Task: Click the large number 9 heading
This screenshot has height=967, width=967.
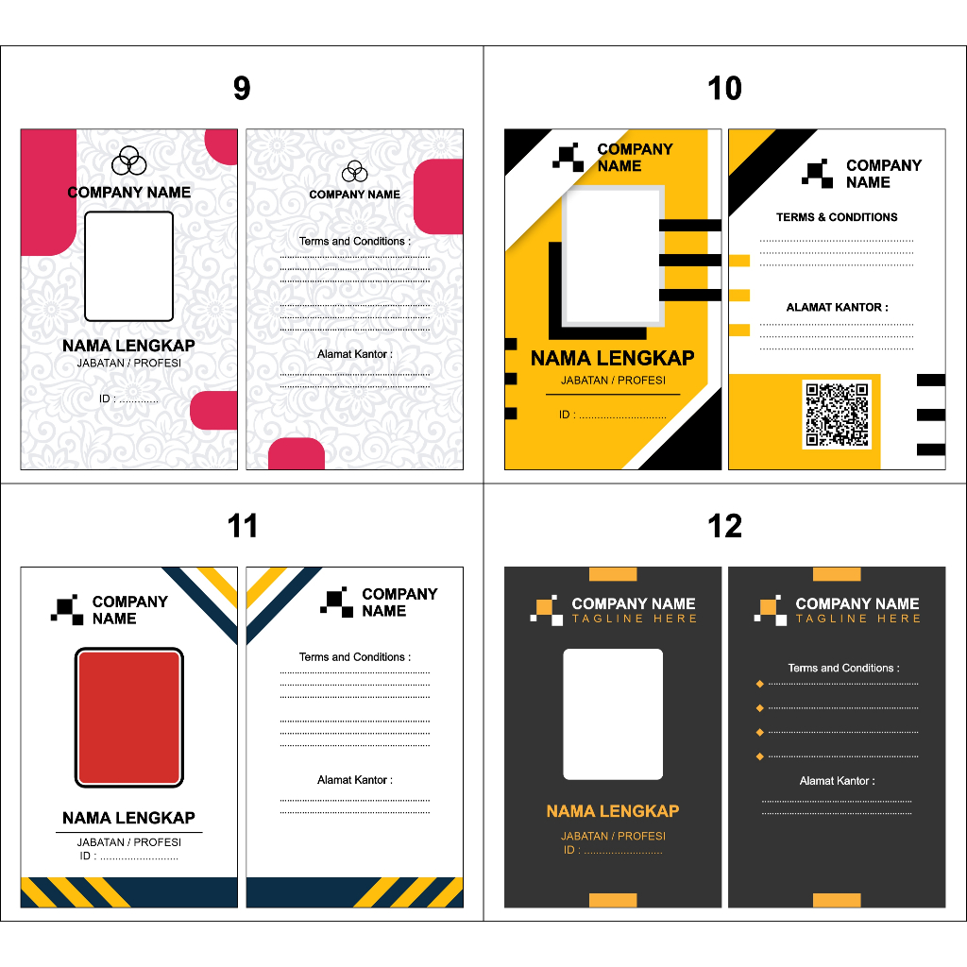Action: tap(242, 88)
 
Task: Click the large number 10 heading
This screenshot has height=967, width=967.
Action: tap(724, 88)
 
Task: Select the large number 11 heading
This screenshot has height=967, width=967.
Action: tap(242, 526)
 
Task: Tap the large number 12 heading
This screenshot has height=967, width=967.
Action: tap(724, 526)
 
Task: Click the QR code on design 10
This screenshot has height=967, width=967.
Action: tap(837, 415)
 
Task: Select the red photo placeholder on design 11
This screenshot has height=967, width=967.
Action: tap(128, 718)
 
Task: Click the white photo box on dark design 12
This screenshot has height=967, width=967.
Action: tap(613, 714)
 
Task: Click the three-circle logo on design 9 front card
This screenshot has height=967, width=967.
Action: tap(128, 161)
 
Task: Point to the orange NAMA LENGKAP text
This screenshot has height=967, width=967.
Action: tap(613, 811)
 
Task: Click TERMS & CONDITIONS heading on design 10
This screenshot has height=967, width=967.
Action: tap(837, 217)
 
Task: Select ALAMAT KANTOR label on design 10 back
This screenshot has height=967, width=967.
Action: tap(837, 307)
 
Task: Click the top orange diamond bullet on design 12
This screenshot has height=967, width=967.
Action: tap(760, 684)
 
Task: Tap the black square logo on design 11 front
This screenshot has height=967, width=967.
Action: tap(67, 609)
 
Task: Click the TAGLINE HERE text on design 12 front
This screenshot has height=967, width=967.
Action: tap(634, 619)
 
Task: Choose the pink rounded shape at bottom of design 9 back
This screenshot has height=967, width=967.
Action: tap(297, 454)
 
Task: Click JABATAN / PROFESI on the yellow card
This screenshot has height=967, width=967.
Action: tap(613, 381)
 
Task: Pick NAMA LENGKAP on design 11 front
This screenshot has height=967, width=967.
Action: tap(128, 818)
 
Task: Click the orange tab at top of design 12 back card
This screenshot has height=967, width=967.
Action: tap(837, 574)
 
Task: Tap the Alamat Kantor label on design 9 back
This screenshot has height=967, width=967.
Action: tap(355, 354)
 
